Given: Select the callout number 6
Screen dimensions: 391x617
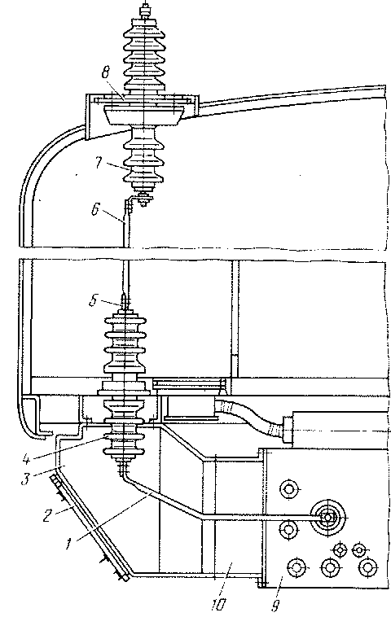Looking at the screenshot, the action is (x=95, y=209).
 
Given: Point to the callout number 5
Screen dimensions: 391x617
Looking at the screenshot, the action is (x=93, y=301).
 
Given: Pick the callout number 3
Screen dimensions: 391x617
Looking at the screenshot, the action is (x=25, y=479).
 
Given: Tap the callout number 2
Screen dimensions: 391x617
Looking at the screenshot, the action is (x=47, y=515).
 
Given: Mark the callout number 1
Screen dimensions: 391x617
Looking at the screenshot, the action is (x=68, y=545).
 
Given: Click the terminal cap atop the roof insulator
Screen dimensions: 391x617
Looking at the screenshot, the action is (x=145, y=11).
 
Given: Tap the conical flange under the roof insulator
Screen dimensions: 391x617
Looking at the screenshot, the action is (x=144, y=116).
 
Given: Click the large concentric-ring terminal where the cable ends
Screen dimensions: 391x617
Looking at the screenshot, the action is (x=327, y=518).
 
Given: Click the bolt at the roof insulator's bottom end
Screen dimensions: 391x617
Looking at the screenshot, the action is (x=144, y=199).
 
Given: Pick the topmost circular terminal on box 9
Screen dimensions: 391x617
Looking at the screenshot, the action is (x=290, y=489).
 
